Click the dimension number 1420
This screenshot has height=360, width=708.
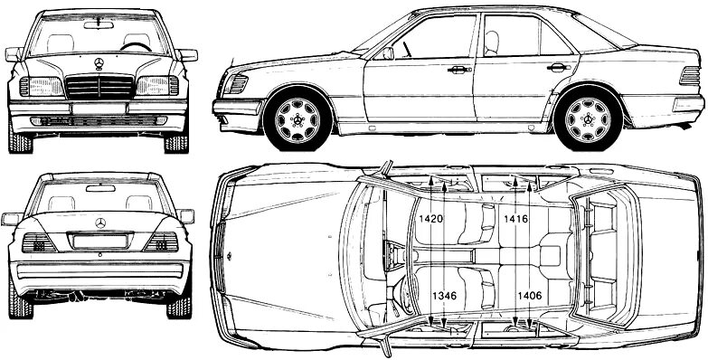click(431, 219)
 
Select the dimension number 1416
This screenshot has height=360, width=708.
click(517, 219)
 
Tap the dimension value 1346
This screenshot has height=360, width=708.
click(443, 295)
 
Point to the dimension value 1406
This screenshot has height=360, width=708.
click(530, 295)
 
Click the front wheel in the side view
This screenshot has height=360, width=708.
click(297, 118)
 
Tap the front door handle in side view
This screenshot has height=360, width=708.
click(459, 70)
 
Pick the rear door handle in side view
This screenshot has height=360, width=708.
click(558, 68)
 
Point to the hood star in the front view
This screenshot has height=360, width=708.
click(99, 62)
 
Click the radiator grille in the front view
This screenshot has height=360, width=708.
click(99, 88)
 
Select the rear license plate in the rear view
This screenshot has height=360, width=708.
click(99, 242)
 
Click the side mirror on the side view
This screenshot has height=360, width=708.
click(387, 52)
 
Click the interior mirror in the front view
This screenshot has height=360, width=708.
click(99, 24)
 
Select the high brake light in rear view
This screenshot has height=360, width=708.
click(99, 188)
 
